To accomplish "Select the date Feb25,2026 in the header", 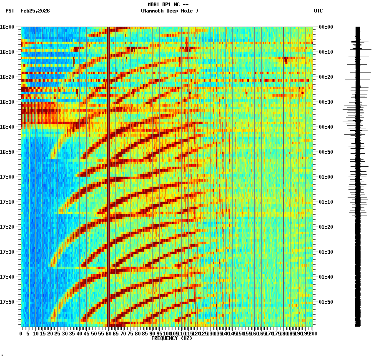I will [x=35, y=11].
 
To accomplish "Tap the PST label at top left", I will [x=10, y=11].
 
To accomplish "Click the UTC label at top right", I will [x=318, y=11].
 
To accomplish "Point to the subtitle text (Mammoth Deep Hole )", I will [x=169, y=11].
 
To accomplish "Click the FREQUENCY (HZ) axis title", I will [x=172, y=338].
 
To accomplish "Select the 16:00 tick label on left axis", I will [x=8, y=27].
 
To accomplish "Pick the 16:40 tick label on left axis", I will [x=8, y=127].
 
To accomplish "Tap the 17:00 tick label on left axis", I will [x=8, y=177].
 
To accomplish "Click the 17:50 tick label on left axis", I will [x=8, y=302].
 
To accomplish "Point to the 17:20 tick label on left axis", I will [x=8, y=227].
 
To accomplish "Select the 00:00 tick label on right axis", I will [x=326, y=27].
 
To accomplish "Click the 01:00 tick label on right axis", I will [x=326, y=177].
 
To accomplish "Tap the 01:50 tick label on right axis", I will [x=326, y=302].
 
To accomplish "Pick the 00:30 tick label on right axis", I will [x=326, y=102].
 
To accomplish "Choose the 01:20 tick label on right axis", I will [x=326, y=227].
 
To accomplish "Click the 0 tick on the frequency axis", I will [x=21, y=334].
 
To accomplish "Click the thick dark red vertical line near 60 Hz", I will [x=108, y=175].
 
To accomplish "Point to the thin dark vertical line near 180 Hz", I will [x=283, y=175].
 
